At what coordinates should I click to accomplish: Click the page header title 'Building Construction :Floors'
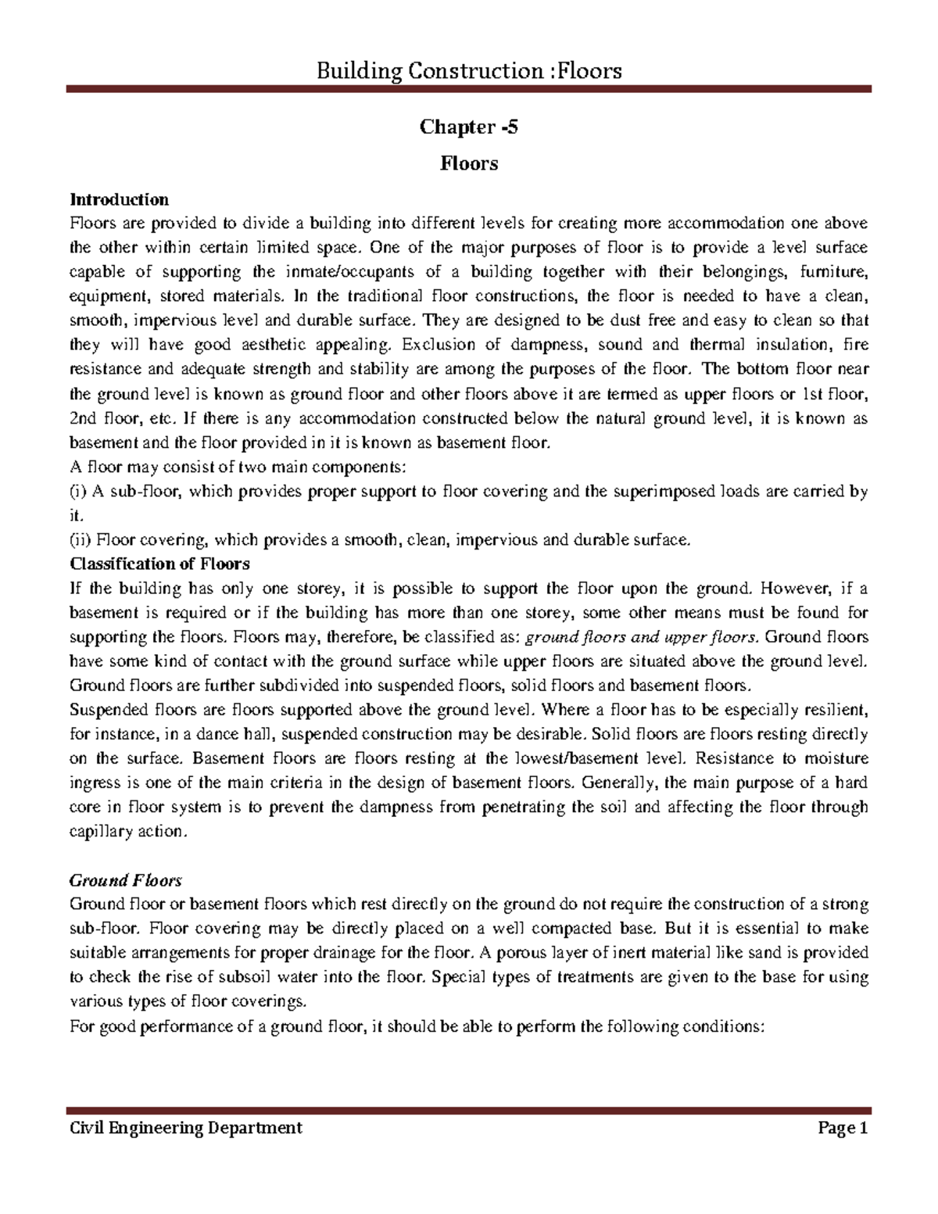(469, 72)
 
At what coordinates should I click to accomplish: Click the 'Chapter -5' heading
(468, 127)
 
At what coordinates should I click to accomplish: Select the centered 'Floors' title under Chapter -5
(469, 163)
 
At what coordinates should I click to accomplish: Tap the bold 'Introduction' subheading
(119, 199)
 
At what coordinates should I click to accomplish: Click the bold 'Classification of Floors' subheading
(159, 564)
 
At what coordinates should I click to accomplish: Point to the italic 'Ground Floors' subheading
(126, 880)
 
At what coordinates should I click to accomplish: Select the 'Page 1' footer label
(843, 1128)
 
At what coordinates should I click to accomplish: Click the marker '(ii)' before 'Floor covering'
(81, 539)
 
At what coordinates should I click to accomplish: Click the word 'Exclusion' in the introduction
(439, 345)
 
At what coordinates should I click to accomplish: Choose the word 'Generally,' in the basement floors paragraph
(621, 782)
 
